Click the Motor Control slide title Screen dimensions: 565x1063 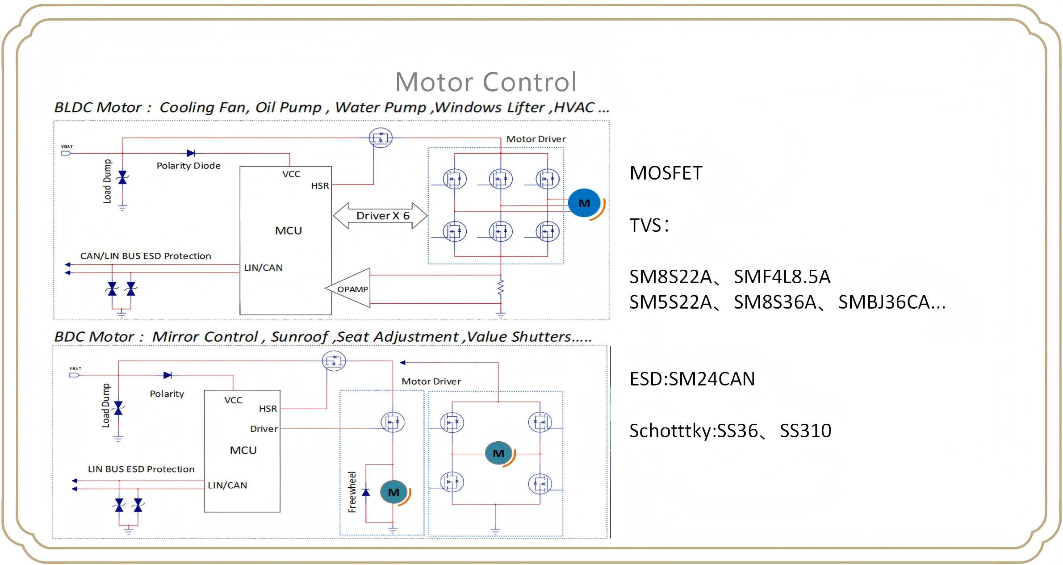click(x=486, y=82)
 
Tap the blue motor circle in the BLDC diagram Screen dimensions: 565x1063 click(x=584, y=203)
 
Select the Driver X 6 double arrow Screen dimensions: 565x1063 click(x=381, y=216)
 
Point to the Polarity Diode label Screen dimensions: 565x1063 click(x=188, y=166)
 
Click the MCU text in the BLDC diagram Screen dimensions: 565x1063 click(x=289, y=231)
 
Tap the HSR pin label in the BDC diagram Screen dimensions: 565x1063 click(x=268, y=409)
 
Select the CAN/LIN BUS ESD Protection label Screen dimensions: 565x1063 click(x=146, y=256)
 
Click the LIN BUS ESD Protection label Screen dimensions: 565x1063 click(x=141, y=469)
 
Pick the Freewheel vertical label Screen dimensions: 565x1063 click(x=352, y=492)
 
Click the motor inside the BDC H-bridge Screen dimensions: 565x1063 click(x=498, y=453)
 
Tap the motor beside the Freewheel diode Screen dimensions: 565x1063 click(x=393, y=492)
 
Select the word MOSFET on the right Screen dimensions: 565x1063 click(x=665, y=173)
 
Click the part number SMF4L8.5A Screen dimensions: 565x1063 click(x=782, y=277)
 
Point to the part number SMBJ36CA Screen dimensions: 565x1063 click(x=891, y=302)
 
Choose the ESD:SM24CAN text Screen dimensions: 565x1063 click(x=692, y=379)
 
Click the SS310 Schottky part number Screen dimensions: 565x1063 click(x=805, y=431)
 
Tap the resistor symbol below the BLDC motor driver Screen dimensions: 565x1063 click(x=501, y=287)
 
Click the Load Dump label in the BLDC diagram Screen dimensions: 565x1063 click(x=107, y=181)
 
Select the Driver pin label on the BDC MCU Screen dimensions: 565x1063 click(x=264, y=429)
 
